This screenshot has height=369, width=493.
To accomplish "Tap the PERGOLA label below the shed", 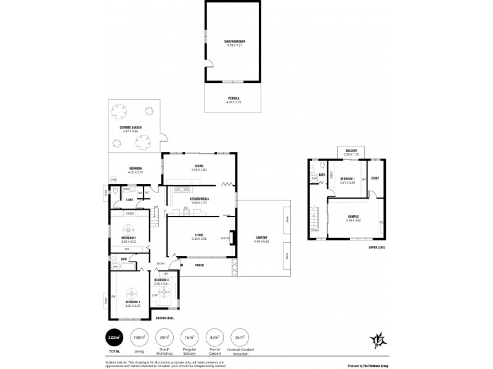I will point(234,97).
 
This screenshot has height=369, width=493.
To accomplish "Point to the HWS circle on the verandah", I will point(113,180).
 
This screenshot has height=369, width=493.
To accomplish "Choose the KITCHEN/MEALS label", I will point(198,199).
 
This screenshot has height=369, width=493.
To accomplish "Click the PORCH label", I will point(199,266).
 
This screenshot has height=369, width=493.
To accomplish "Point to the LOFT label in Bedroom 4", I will point(155,295).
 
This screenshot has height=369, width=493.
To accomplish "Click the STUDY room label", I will point(375,180).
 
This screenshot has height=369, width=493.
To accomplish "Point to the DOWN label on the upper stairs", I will point(315,232).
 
